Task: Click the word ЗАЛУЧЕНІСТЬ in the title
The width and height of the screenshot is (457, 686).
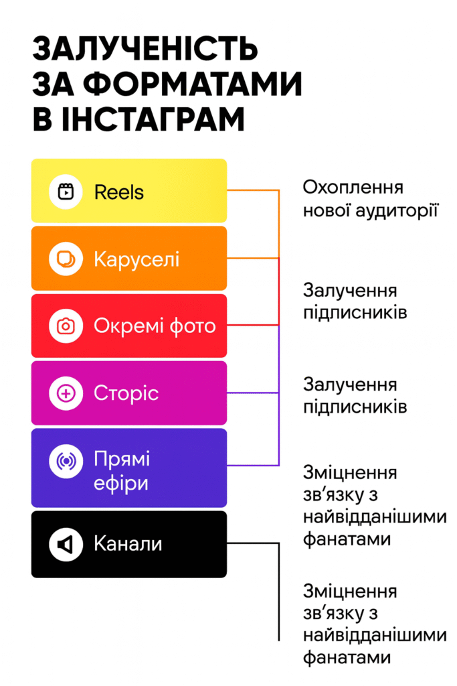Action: tap(145, 48)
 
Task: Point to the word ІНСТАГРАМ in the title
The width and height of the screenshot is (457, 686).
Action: tap(153, 119)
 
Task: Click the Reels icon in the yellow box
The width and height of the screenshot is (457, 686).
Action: tap(66, 191)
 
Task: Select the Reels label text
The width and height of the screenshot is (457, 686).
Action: tap(119, 192)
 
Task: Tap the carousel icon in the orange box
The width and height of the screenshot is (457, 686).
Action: tap(66, 259)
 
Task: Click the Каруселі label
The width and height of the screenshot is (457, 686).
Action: tap(136, 259)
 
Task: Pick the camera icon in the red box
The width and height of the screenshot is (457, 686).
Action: tap(66, 326)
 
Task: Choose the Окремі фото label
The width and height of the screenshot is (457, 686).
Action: tap(155, 326)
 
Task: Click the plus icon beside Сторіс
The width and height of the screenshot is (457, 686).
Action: tap(66, 393)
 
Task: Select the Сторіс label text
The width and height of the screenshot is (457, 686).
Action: tap(126, 393)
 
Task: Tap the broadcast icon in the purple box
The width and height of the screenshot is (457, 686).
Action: tap(66, 461)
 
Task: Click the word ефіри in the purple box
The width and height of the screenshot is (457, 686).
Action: tap(121, 484)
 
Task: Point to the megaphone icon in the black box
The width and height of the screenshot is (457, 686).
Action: tap(66, 544)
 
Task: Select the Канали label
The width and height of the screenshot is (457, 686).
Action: tap(128, 544)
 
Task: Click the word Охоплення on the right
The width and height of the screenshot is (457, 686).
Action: tap(353, 188)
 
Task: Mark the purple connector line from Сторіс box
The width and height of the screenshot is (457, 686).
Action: tap(253, 393)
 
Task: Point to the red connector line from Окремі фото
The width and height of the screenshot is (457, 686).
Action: tap(253, 325)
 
